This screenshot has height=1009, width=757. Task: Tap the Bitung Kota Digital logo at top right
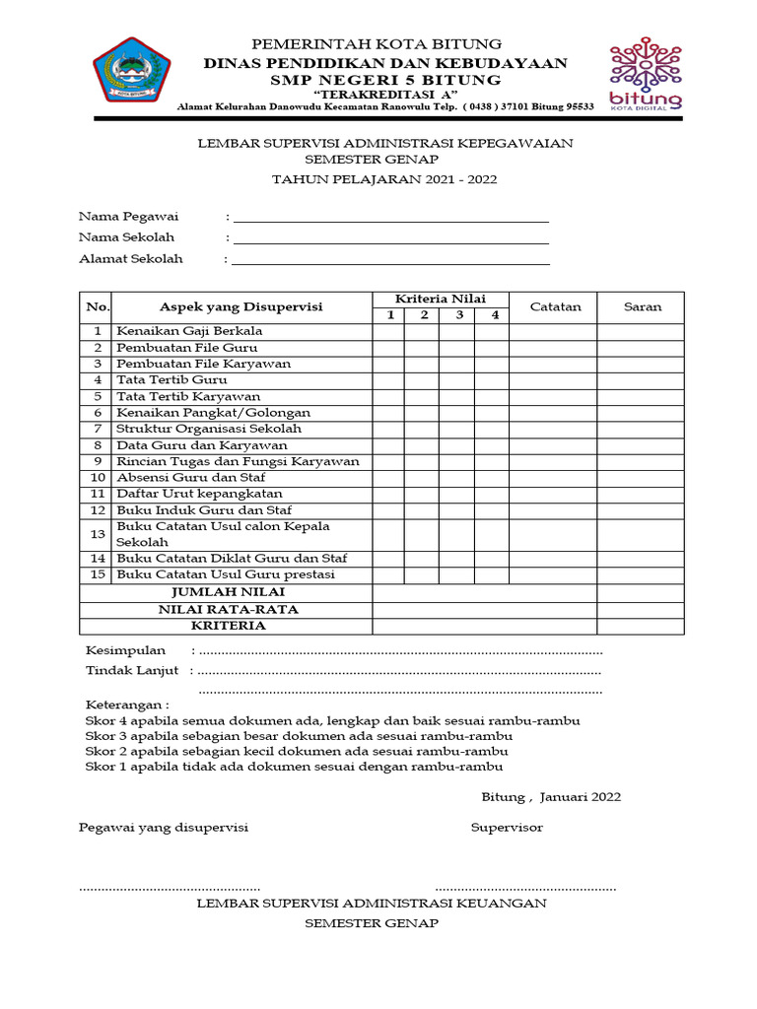point(646,75)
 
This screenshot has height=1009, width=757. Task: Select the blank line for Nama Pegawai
point(390,217)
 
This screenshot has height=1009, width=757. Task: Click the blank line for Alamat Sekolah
point(390,259)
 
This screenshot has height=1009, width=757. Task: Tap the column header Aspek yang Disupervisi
point(241,306)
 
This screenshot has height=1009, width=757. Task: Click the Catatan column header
point(556,306)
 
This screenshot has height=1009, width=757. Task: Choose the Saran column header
point(642,306)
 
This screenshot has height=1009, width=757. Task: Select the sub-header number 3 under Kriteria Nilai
point(457,315)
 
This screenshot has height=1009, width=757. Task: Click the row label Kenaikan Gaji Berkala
point(189,331)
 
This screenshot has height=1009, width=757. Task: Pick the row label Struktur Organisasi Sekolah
point(209,429)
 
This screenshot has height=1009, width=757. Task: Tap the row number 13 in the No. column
point(97,534)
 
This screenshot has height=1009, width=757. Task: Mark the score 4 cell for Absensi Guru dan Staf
point(493,477)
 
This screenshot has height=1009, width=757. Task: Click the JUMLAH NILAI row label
point(228,592)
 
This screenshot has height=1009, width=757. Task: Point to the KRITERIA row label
point(228,626)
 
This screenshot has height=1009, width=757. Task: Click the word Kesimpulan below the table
point(125,651)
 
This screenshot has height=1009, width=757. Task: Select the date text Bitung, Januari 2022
point(551,797)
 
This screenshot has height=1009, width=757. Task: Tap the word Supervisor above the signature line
point(507,828)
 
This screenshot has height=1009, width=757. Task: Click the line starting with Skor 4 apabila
point(332,721)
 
